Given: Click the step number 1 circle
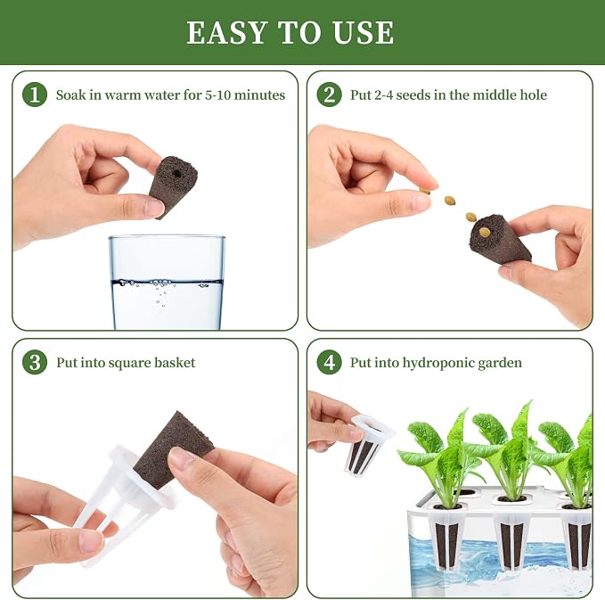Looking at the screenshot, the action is pos(35,95).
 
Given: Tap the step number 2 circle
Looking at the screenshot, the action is pos(329,95).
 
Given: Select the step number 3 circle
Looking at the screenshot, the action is pos(35,362).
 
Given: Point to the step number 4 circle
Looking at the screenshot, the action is pos(329,362).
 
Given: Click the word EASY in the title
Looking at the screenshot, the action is pos(227,32).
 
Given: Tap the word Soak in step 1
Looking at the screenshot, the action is pos(71,95).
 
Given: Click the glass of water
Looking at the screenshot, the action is pos(167,282).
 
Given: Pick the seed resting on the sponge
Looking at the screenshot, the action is pos(484,232).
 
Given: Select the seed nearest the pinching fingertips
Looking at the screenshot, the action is pos(425,191).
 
